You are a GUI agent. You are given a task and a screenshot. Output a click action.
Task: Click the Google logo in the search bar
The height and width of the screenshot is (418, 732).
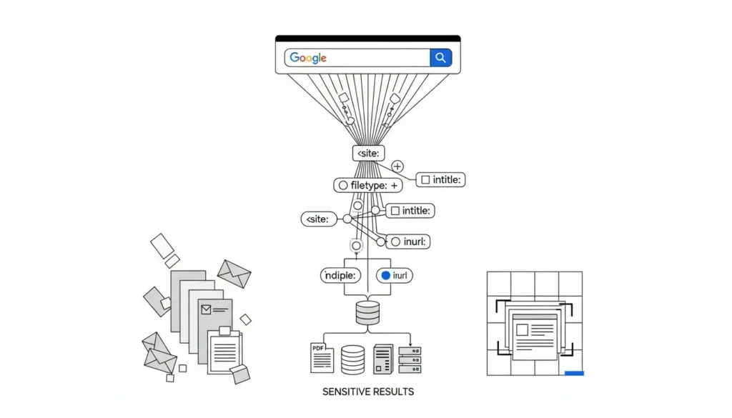tap(308, 58)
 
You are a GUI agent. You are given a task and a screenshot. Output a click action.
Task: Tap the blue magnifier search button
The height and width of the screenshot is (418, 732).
tap(440, 58)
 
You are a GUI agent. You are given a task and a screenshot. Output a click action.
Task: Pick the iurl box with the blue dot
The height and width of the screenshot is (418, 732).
tap(396, 275)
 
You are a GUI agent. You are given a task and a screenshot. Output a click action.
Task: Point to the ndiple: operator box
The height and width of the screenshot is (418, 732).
tap(342, 275)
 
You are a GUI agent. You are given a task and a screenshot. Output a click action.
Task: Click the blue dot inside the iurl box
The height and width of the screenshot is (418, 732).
tap(386, 275)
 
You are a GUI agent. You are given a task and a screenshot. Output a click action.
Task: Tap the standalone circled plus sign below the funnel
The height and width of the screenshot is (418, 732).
tap(397, 166)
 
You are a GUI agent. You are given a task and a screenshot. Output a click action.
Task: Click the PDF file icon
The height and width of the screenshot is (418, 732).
tap(321, 358)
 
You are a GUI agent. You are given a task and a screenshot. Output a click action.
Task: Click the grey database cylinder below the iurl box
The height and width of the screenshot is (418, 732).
tap(367, 313)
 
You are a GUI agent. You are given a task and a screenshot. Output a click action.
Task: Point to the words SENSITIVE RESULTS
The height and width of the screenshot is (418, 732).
tap(368, 392)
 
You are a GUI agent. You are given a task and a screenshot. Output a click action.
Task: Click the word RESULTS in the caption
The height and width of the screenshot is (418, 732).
tap(392, 392)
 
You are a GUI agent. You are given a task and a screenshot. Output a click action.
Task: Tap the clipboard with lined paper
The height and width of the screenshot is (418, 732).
tap(225, 349)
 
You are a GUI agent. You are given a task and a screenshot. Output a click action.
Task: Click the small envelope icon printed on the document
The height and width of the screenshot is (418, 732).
tap(207, 309)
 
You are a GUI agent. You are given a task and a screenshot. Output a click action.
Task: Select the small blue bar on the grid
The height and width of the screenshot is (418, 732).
tap(574, 372)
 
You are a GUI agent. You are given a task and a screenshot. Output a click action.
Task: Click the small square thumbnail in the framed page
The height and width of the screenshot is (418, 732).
tap(523, 330)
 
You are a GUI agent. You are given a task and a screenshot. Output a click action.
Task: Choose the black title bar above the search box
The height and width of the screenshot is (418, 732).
tap(367, 38)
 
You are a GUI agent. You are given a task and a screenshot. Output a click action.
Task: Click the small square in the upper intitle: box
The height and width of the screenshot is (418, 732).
tap(425, 180)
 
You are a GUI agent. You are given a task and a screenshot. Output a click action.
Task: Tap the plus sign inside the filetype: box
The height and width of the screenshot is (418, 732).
tap(393, 185)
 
